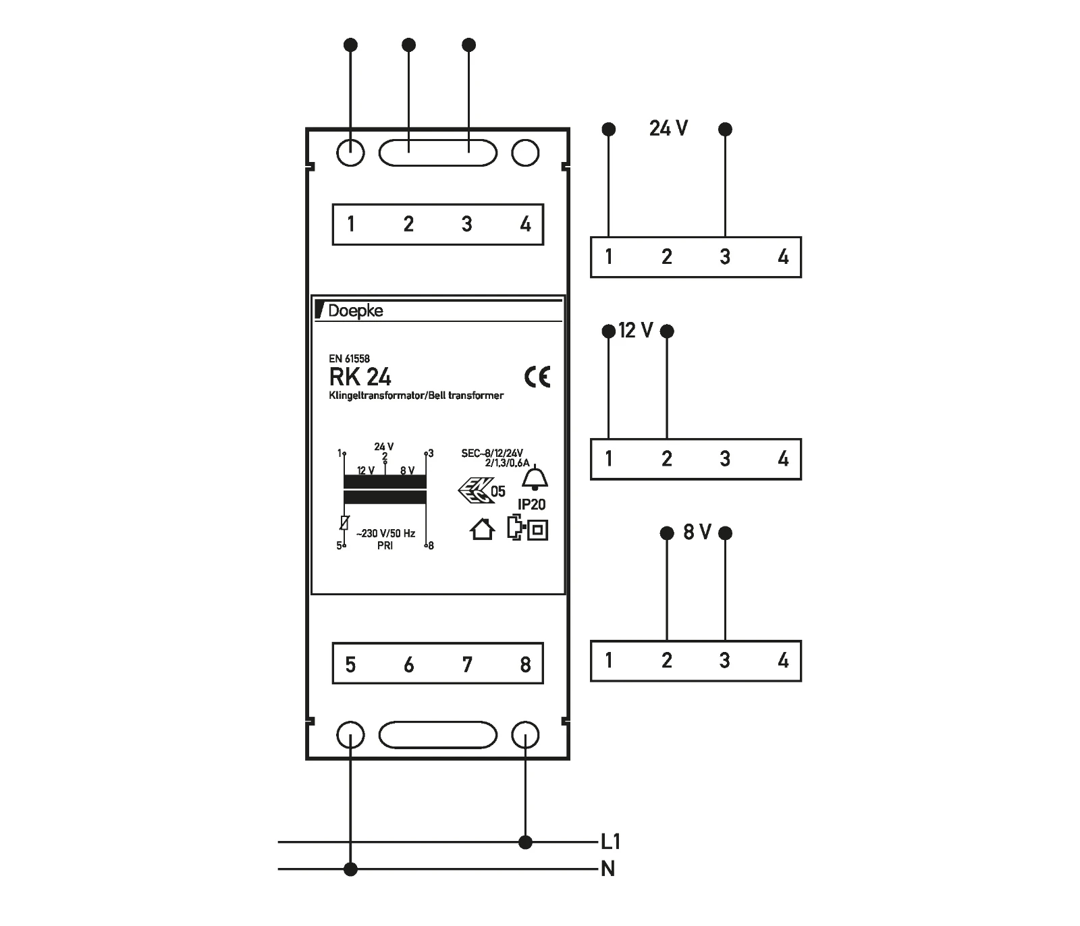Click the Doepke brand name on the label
pos(355,310)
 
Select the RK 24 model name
pos(360,377)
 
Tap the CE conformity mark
pos(537,377)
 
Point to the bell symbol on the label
pos(535,478)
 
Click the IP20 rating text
pos(531,504)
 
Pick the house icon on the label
pos(482,529)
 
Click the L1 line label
pos(610,842)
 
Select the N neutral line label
pos(607,869)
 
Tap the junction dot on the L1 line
pos(525,842)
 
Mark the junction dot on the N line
pos(350,869)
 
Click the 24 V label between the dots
pos(668,128)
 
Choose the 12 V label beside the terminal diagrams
pos(636,331)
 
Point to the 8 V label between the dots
pos(697,533)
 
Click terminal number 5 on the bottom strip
pos(350,665)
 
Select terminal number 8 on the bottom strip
pos(525,665)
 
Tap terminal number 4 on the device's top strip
pos(525,224)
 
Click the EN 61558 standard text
pos(349,359)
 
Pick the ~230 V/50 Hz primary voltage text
pos(385,533)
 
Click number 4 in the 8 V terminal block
pos(783,660)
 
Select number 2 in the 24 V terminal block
pos(667,256)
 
